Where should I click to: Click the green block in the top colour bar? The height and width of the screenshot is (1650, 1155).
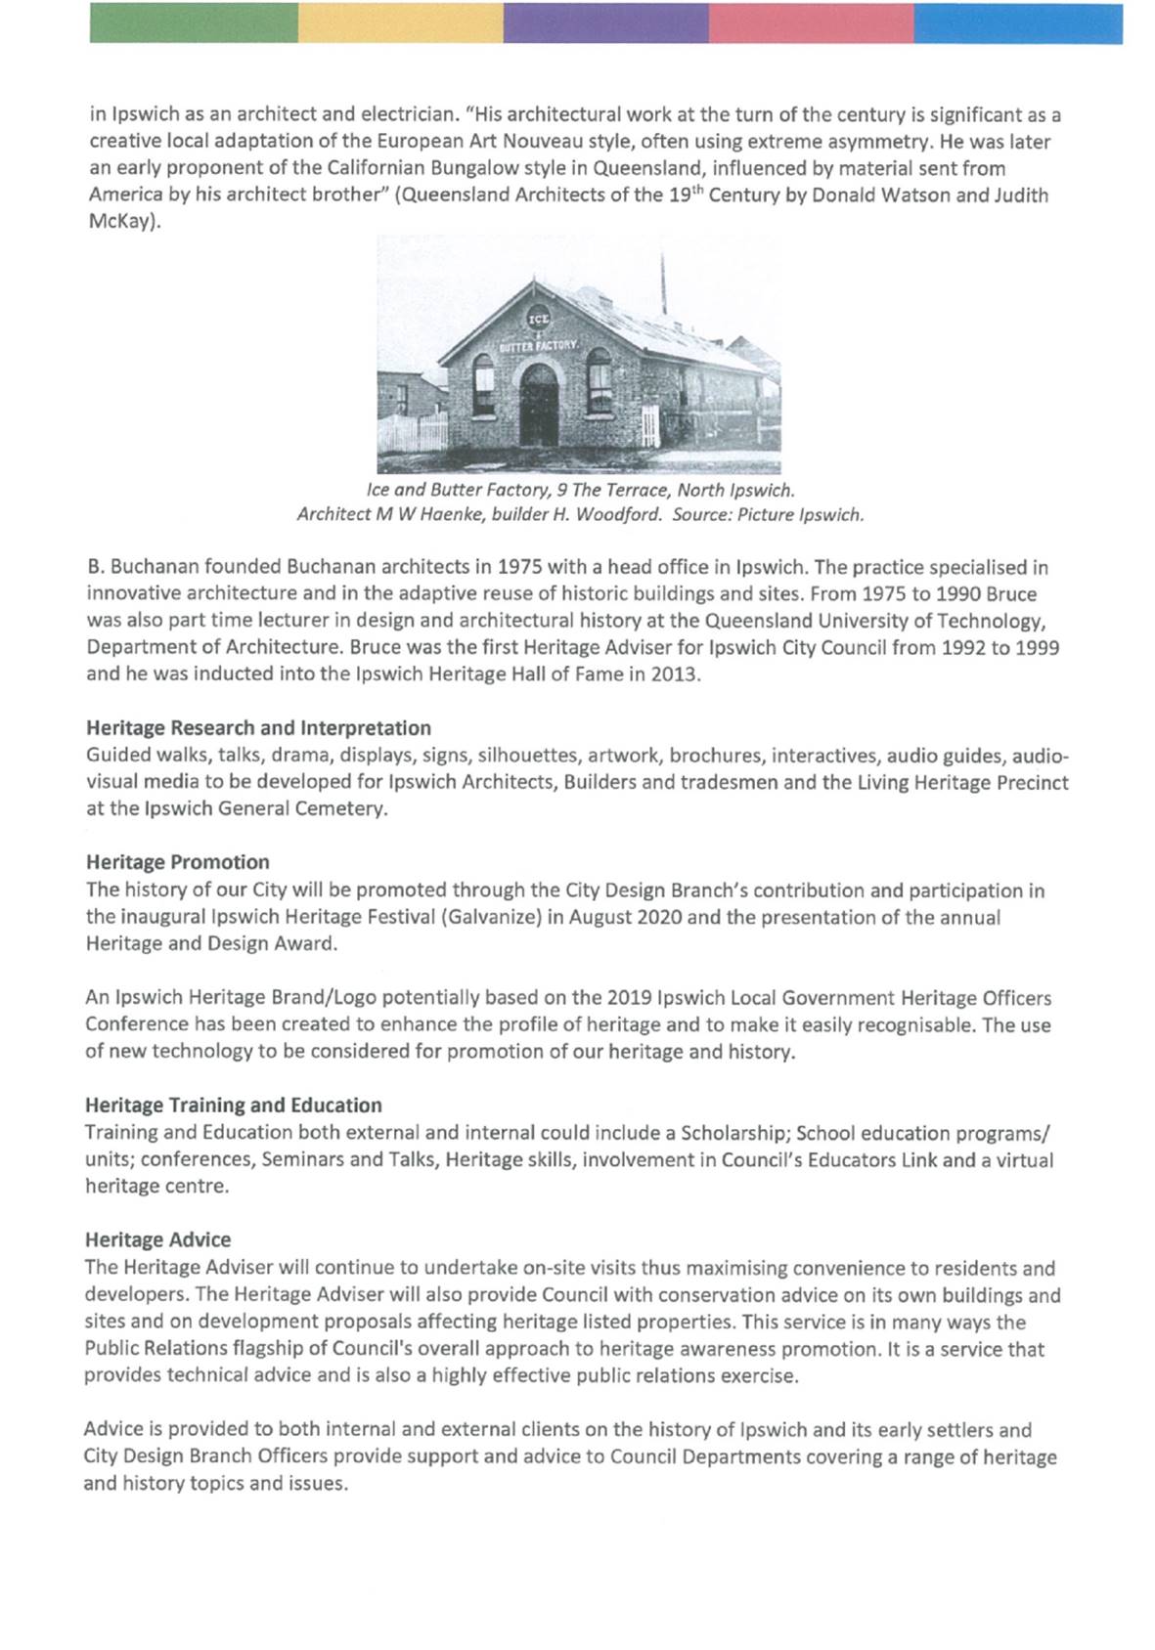point(194,23)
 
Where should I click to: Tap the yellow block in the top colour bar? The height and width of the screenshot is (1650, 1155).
point(401,23)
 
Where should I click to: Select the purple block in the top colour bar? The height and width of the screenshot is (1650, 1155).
point(606,23)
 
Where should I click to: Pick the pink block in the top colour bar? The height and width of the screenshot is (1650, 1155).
point(812,23)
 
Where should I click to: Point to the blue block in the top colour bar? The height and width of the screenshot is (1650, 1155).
point(1018,23)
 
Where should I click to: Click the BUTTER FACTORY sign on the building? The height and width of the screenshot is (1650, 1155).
point(541,346)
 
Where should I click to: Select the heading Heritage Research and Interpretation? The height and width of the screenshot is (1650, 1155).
point(258,728)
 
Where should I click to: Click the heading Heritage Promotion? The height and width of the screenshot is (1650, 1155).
point(177,862)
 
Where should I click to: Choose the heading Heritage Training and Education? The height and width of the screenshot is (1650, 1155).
point(234,1106)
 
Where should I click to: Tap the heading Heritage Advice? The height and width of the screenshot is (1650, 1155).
point(158,1239)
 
